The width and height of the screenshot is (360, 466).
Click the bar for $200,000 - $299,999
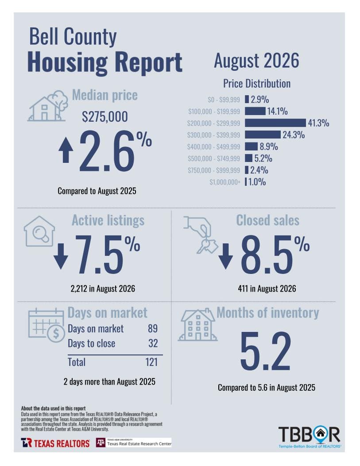(275, 123)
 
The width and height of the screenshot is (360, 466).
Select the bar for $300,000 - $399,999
(263, 135)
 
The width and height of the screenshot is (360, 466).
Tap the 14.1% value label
(277, 111)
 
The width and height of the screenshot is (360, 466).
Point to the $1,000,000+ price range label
(225, 182)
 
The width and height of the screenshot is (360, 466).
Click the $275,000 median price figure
(105, 116)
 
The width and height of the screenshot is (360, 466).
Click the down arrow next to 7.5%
(61, 256)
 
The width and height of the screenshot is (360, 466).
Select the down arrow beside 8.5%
(226, 256)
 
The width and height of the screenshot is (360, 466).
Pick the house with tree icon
(47, 106)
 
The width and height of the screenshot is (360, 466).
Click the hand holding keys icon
(201, 235)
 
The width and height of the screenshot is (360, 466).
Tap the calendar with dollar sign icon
(46, 325)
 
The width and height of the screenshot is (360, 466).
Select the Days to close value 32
(153, 343)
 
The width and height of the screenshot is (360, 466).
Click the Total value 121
(151, 362)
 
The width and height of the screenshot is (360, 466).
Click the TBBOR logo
(310, 437)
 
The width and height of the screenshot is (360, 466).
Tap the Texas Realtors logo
(55, 443)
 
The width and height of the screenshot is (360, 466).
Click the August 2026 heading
(256, 61)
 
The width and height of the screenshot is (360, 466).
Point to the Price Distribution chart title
(257, 84)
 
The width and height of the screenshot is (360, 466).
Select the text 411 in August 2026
(267, 289)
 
